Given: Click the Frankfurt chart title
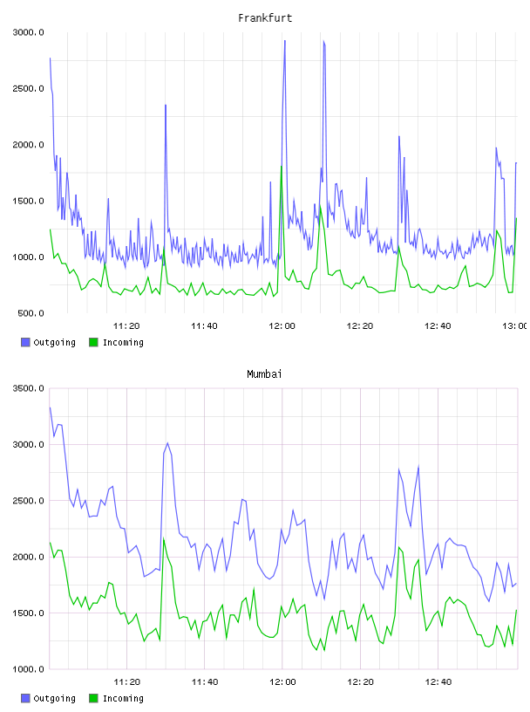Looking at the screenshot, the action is click(x=265, y=18).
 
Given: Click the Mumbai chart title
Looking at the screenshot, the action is click(x=264, y=374).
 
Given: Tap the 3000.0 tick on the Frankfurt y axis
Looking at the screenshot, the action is click(x=28, y=32).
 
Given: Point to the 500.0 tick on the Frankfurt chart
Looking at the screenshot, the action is click(x=31, y=313).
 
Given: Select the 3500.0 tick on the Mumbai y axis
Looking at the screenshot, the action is click(x=28, y=388).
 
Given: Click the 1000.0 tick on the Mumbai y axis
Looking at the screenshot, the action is click(x=28, y=669).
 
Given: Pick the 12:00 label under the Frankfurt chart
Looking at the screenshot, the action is click(x=282, y=326).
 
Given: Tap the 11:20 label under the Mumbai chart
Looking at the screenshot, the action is click(x=126, y=682).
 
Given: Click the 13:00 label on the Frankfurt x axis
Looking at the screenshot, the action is click(x=514, y=326).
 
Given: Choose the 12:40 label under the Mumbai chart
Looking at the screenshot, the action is click(x=438, y=682).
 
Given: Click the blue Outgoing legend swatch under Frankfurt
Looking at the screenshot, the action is click(x=25, y=342).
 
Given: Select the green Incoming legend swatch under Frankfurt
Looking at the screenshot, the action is click(x=93, y=342).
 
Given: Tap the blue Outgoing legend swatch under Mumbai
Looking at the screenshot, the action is click(x=25, y=698).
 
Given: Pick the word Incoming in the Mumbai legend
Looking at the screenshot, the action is click(x=123, y=698).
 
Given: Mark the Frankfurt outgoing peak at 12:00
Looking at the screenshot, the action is click(x=284, y=41).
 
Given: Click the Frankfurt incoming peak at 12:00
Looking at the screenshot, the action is click(x=282, y=166).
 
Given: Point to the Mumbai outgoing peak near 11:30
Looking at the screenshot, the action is click(x=167, y=443).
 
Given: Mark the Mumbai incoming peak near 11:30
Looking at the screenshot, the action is click(x=164, y=539).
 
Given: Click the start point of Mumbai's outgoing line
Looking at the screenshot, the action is click(x=50, y=407).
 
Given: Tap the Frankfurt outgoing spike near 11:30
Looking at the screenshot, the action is click(x=166, y=106).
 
